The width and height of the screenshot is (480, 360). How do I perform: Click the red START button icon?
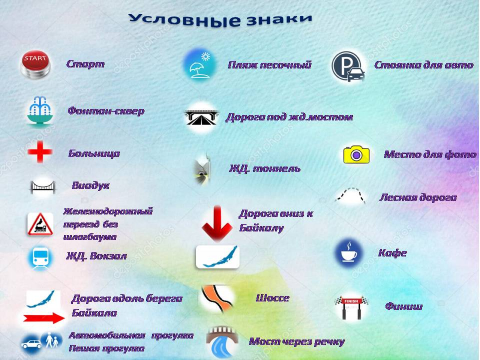point(36,64)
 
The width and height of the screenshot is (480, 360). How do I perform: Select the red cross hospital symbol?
point(40,152)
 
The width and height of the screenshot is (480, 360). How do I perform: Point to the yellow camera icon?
point(357,154)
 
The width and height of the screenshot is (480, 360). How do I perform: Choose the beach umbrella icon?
point(200,65)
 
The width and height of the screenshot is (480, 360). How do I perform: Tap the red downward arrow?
point(217,223)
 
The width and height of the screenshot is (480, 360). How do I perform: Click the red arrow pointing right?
point(44,318)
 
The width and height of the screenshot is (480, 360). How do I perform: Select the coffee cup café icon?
point(349,253)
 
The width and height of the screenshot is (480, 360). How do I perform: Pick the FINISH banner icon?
point(351,307)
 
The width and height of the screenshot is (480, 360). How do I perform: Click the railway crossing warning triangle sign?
point(40,224)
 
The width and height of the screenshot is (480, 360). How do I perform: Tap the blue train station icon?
point(40,258)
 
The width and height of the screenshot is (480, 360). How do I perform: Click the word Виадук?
point(90,186)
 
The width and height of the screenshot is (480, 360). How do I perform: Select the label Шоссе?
point(273,298)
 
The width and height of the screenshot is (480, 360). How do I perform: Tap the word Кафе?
point(393,253)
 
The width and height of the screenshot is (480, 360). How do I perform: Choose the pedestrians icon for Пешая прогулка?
point(52,340)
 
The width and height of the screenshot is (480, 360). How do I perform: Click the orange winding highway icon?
point(216,299)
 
